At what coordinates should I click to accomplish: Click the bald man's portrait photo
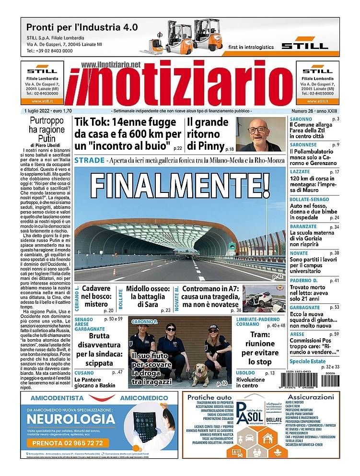pyautogui.click(x=260, y=135)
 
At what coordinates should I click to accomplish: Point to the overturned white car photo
pyautogui.click(x=264, y=298)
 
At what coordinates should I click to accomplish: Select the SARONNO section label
pyautogui.click(x=301, y=119)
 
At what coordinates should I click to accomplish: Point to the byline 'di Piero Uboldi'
pyautogui.click(x=46, y=144)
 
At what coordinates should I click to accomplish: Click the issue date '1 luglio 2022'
pyautogui.click(x=40, y=111)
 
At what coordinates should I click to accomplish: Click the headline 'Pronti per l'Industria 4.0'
pyautogui.click(x=82, y=27)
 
